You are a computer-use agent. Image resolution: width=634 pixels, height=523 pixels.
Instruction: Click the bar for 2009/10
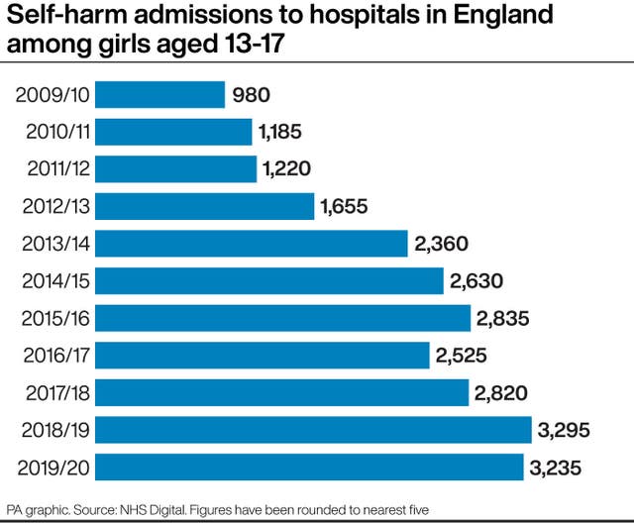159,95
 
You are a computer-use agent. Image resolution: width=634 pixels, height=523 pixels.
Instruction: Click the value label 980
252,95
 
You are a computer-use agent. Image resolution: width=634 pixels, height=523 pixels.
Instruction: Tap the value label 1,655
344,206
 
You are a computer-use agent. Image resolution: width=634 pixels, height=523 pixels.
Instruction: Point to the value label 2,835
502,318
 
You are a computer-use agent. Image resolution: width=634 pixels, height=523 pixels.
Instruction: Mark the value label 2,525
462,355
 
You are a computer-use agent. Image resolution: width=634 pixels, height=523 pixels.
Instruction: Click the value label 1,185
281,132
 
